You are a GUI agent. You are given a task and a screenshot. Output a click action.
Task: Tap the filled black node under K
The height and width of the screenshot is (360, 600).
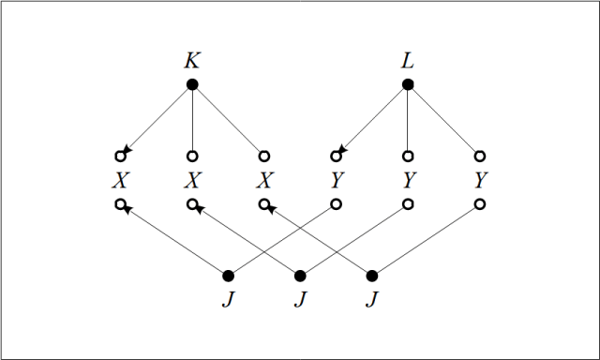192,85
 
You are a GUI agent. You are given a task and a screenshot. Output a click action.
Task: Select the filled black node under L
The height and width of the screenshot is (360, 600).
408,85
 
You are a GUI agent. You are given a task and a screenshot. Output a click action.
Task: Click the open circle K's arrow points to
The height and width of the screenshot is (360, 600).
120,156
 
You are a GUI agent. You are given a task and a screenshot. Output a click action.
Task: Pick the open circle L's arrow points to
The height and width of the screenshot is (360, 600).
336,156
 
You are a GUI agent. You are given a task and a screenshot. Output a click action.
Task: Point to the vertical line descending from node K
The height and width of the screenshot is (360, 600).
192,120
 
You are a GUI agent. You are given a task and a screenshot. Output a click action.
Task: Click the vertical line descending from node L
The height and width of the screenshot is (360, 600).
408,120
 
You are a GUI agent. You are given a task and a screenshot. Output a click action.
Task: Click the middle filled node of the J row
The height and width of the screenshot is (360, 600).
300,276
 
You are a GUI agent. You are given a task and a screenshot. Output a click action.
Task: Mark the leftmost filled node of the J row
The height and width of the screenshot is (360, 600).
228,276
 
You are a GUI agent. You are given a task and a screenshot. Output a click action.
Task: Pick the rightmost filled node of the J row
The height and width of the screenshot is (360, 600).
372,276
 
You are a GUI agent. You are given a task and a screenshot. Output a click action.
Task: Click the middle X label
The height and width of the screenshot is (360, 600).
192,179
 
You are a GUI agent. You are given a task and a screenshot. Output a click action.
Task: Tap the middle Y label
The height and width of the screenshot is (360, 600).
408,179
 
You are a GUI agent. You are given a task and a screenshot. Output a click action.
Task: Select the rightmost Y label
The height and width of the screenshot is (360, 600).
480,179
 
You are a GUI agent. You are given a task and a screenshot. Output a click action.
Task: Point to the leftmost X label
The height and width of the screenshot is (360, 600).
120,179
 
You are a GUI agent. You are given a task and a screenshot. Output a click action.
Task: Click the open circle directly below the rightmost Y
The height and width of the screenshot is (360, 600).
480,203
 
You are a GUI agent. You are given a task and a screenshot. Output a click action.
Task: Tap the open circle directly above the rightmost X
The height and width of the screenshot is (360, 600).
264,156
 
